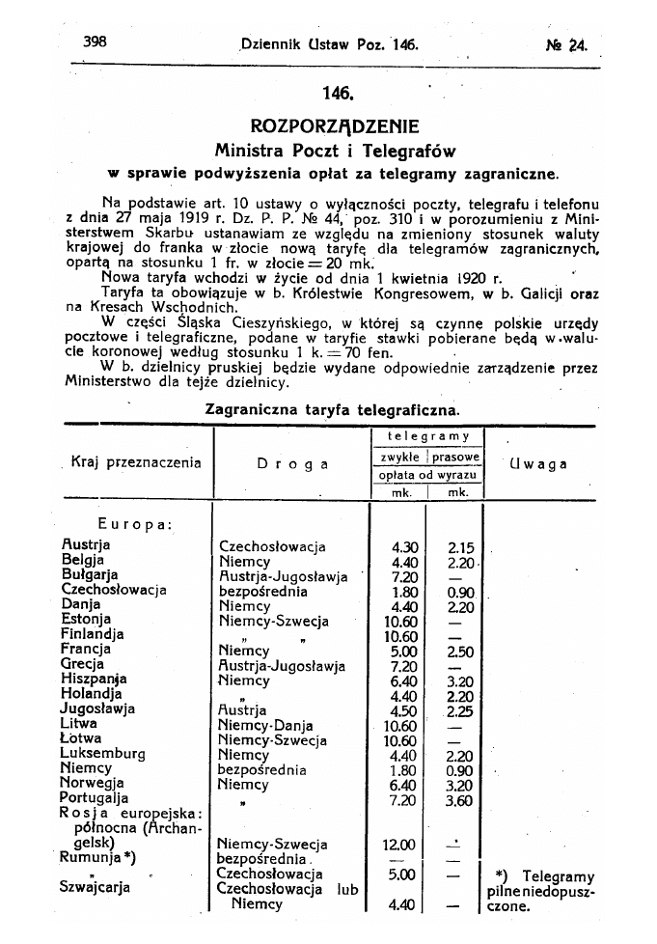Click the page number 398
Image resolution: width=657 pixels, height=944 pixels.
click(x=94, y=42)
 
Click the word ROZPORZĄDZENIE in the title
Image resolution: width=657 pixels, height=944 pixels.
click(x=334, y=126)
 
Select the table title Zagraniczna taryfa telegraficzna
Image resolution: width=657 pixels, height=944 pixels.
click(x=333, y=409)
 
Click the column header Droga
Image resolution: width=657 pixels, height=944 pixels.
click(x=292, y=463)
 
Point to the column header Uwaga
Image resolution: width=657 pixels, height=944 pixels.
click(x=536, y=463)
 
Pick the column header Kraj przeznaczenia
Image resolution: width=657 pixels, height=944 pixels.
click(x=136, y=462)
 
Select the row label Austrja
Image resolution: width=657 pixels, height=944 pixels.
click(x=86, y=545)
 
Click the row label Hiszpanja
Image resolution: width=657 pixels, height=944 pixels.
click(x=95, y=679)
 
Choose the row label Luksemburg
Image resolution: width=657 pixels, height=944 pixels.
click(x=103, y=753)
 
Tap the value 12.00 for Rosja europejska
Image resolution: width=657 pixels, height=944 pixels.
click(x=401, y=845)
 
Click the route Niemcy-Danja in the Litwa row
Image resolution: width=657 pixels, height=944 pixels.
click(x=265, y=725)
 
